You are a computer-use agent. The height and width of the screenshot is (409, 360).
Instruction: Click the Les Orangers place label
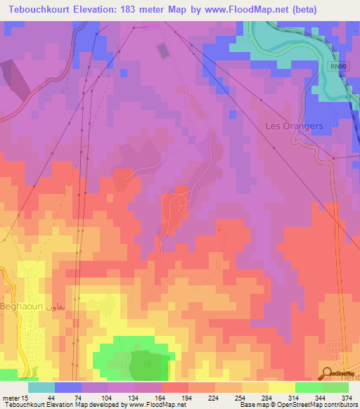294,126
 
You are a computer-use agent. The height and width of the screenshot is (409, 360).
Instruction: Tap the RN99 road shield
338,66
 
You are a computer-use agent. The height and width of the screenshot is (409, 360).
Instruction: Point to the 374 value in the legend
337,397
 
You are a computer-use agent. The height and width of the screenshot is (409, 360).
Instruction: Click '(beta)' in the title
300,10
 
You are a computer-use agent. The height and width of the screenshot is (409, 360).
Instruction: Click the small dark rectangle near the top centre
163,51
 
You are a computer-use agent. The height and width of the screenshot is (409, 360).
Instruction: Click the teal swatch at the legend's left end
41,387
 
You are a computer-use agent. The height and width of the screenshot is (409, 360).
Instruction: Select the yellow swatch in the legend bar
281,387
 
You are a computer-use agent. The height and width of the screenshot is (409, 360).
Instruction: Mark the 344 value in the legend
310,397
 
